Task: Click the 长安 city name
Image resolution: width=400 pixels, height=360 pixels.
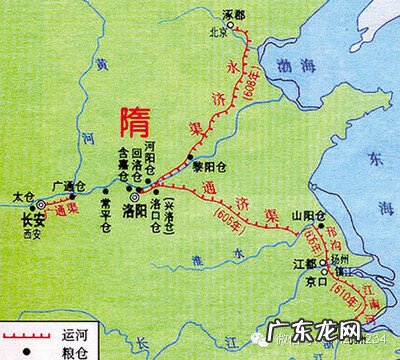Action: point(34,221)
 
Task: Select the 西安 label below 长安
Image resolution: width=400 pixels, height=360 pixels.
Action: point(34,234)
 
